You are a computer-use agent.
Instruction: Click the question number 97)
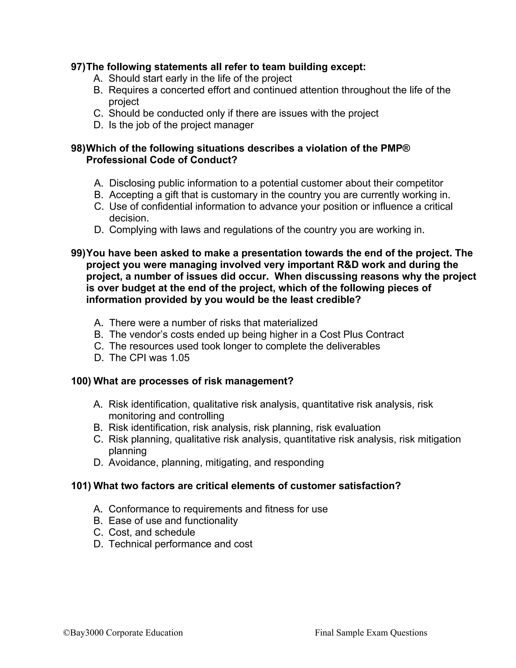tap(78, 67)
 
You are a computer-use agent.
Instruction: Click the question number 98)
tap(78, 148)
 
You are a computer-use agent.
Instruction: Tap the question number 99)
tap(78, 253)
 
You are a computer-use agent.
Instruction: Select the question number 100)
tap(81, 381)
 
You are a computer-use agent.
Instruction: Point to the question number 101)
tap(81, 486)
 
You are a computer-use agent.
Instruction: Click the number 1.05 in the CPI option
tap(179, 358)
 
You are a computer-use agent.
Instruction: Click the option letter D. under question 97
tap(99, 125)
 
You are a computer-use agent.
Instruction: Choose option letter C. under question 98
tap(99, 206)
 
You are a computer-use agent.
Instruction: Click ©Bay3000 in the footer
tap(83, 632)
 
